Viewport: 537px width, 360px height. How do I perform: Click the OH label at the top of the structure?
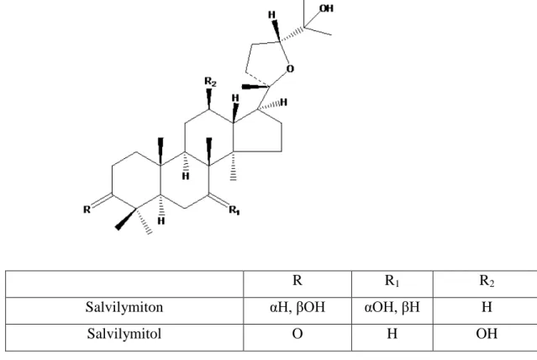[326, 8]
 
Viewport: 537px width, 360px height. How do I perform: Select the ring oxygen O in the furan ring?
[290, 69]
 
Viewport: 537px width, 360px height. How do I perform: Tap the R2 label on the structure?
[210, 82]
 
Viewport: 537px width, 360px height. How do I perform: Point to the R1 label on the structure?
[234, 209]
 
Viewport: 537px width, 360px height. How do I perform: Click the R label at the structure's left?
[87, 209]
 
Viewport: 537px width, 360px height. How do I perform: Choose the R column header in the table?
[297, 280]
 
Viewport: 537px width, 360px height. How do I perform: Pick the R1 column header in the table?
[392, 281]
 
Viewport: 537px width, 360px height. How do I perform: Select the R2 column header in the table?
[487, 281]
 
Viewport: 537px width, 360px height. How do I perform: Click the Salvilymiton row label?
[124, 307]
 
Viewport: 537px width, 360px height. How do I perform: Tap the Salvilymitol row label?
[124, 334]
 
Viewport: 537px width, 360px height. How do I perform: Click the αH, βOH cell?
[297, 307]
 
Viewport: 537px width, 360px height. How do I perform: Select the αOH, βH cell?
[392, 307]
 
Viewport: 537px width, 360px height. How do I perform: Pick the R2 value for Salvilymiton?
[487, 307]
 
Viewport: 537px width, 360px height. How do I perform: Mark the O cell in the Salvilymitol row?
[297, 334]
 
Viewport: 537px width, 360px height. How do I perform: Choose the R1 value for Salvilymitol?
[392, 333]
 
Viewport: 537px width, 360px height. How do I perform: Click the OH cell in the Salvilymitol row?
[487, 334]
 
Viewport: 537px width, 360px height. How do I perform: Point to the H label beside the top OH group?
[272, 15]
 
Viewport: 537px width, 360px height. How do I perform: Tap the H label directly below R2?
[235, 98]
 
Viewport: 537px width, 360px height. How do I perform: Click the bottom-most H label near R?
[161, 221]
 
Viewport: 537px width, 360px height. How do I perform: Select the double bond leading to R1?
[218, 201]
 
